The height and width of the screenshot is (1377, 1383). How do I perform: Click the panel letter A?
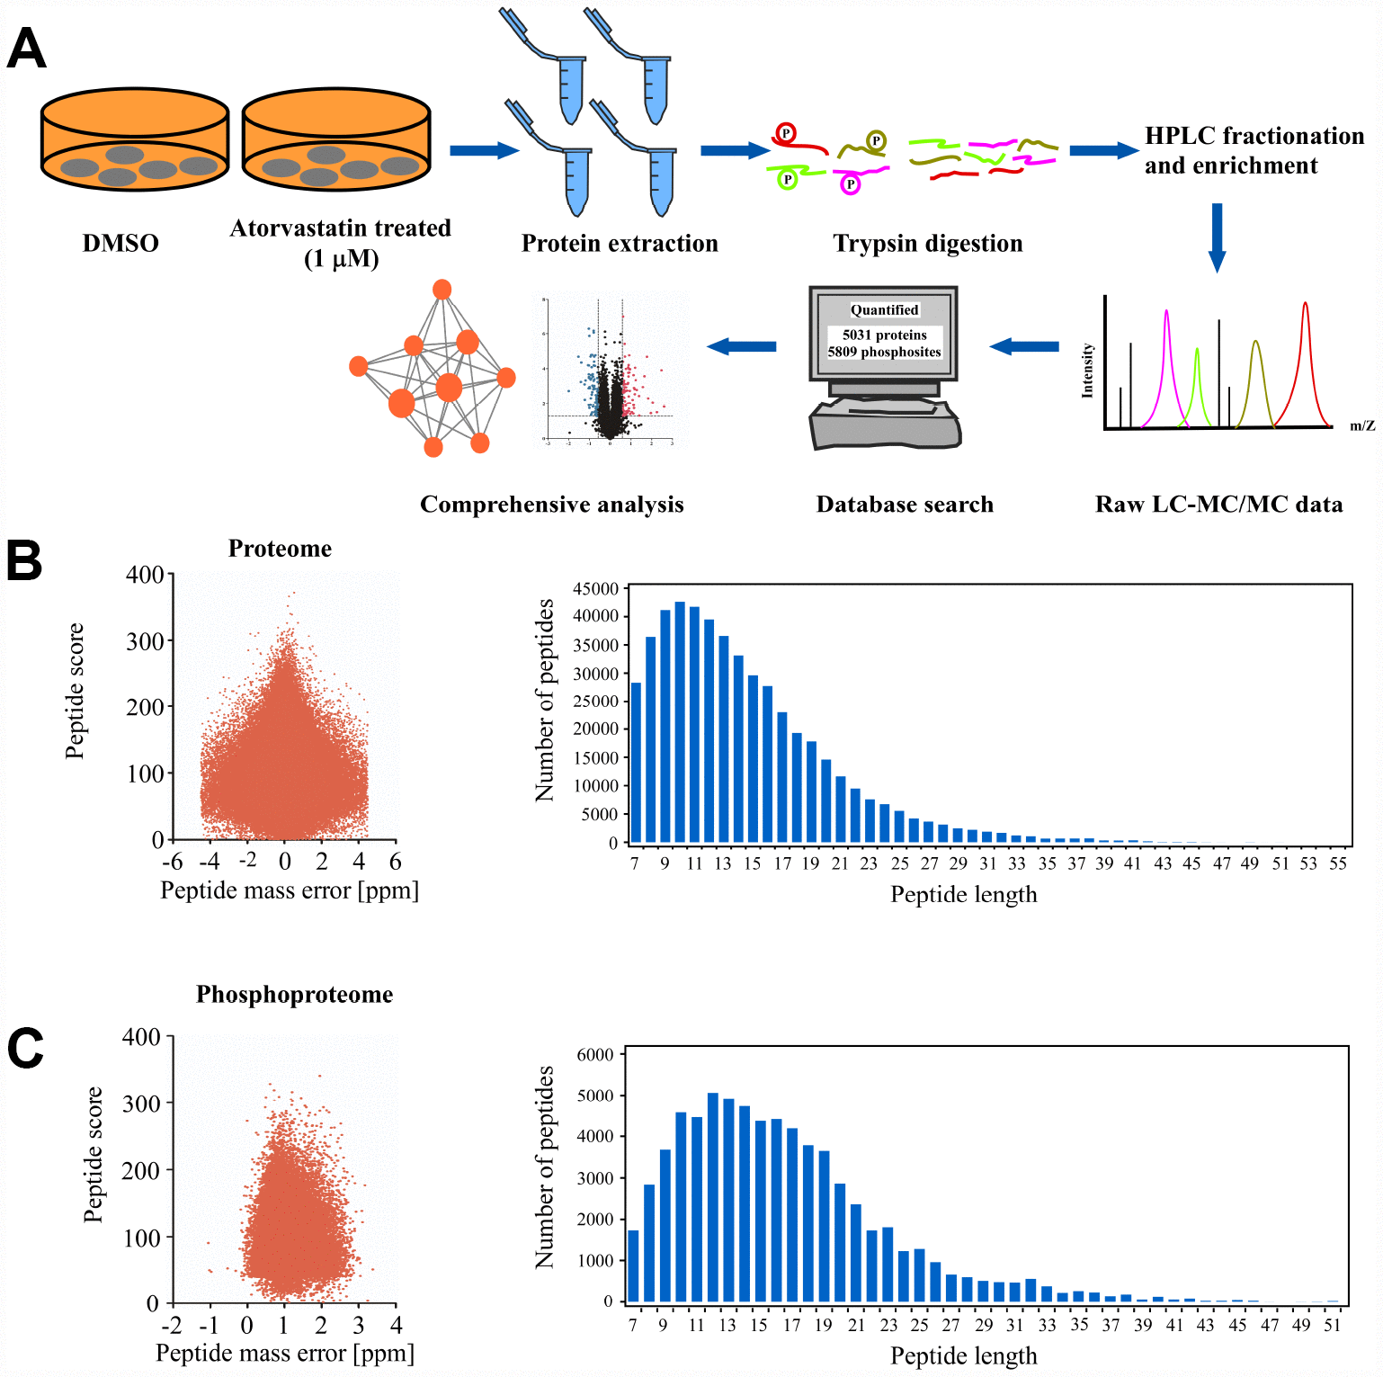point(26,49)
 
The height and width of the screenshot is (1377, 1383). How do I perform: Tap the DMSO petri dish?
point(135,139)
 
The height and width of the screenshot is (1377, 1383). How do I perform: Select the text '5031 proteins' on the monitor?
point(884,335)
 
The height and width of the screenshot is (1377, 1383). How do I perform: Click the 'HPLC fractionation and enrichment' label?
point(1254,150)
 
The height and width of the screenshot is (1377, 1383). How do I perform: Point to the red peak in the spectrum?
point(1305,360)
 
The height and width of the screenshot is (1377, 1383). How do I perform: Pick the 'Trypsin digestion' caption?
point(927,244)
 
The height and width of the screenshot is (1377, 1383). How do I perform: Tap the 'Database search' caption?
point(905,505)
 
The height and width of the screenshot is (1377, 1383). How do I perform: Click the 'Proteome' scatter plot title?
point(280,549)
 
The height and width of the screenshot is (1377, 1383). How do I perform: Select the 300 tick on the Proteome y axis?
point(146,641)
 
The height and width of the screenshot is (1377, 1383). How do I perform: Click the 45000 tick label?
point(595,589)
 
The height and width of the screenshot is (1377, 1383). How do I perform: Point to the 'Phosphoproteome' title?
point(294,995)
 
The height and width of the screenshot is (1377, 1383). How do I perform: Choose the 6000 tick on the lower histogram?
point(594,1054)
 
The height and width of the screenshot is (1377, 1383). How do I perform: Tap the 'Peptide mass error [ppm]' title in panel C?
point(285,1354)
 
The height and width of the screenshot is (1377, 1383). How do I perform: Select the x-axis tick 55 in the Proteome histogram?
point(1338,863)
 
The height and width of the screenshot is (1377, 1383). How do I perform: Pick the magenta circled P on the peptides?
point(850,184)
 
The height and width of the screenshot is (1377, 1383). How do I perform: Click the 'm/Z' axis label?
point(1362,425)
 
